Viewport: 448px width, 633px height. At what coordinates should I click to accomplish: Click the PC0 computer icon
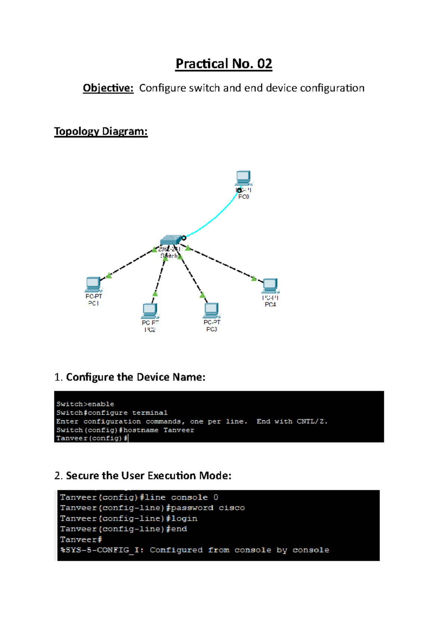(243, 177)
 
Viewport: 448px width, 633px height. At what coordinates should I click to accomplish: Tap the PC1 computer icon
(93, 284)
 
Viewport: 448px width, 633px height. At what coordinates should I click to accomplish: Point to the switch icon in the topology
(171, 240)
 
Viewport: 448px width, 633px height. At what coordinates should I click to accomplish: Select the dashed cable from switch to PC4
(224, 264)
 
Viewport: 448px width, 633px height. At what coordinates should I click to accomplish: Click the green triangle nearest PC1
(109, 275)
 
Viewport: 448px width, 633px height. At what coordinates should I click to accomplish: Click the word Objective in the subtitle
(108, 88)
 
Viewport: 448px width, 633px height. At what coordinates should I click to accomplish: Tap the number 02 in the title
(264, 64)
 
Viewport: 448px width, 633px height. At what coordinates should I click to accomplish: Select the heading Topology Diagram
(101, 131)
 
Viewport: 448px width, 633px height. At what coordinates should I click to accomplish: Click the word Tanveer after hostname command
(179, 430)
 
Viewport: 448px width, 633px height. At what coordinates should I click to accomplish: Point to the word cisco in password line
(232, 508)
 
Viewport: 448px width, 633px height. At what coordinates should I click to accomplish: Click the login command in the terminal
(184, 518)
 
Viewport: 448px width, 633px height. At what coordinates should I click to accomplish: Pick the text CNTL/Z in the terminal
(312, 421)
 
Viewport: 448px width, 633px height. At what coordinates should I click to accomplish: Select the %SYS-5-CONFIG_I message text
(102, 550)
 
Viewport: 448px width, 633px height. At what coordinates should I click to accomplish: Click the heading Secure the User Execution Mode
(149, 475)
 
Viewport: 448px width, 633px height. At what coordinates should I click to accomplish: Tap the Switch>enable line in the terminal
(85, 404)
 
